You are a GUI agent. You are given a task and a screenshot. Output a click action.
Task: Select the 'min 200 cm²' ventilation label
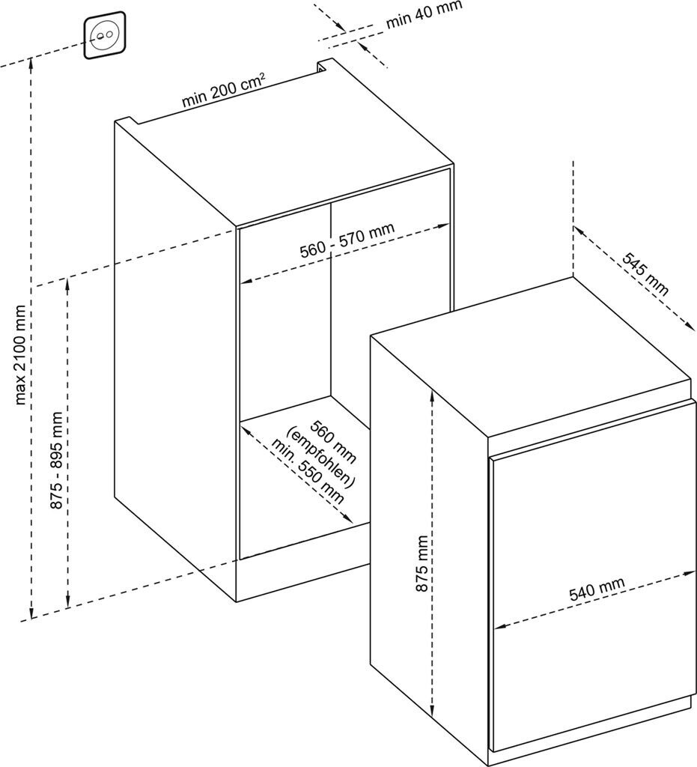(x=224, y=90)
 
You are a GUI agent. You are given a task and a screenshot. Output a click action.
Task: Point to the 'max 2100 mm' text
(x=20, y=354)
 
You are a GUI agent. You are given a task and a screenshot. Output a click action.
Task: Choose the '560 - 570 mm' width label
(x=347, y=240)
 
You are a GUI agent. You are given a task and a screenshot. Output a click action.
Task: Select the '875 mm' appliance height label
(x=421, y=563)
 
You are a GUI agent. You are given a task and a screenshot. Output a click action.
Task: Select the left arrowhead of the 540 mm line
(x=499, y=626)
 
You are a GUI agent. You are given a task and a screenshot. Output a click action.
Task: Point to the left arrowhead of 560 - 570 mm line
(x=246, y=282)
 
